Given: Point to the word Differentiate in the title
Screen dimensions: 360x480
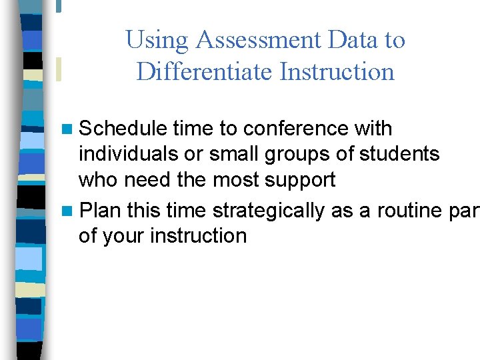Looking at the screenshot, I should [204, 71].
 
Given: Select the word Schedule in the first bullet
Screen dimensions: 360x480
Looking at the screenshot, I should [123, 128].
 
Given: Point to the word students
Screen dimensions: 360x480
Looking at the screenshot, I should [399, 154].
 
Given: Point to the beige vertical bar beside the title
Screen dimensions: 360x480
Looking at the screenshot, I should [59, 69].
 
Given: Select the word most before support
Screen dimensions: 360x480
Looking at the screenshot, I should [237, 180].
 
